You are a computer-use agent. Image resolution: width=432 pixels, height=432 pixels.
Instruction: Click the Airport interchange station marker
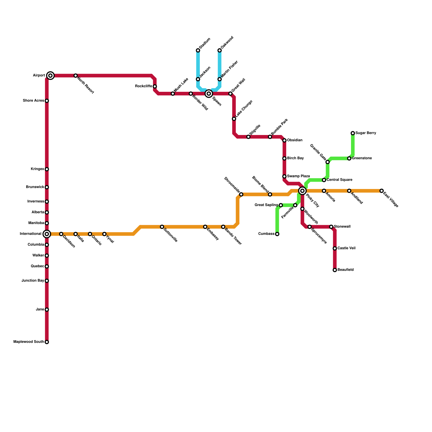coord(50,76)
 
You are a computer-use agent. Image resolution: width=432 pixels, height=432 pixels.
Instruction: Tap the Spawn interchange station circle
coord(209,94)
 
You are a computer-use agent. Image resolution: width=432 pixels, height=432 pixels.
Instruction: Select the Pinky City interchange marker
coord(302,191)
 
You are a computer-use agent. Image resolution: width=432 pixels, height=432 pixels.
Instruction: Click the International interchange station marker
coord(47,234)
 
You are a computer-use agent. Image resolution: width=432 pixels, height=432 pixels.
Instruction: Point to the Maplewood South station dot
coord(47,342)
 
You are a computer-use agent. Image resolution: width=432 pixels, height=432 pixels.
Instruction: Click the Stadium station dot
coord(198,50)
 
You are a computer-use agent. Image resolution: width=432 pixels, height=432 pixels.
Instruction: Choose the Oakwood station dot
coord(220,50)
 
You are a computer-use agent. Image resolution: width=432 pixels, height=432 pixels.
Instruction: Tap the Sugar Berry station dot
coord(353,133)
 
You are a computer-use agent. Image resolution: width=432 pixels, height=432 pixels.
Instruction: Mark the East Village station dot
coord(382,191)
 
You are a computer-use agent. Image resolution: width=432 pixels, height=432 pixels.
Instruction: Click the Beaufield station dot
coord(335,270)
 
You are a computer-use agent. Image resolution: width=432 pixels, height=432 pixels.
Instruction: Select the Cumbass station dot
coord(277,234)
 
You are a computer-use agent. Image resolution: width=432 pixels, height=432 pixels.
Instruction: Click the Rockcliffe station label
coord(143,86)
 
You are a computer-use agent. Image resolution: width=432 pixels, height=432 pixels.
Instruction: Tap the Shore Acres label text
coord(33,101)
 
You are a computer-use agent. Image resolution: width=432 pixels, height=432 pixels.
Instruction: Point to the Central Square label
coord(339,180)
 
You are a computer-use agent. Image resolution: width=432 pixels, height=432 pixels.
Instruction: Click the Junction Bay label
coord(33,281)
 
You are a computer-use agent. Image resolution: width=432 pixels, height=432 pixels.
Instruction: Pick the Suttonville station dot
coord(162,227)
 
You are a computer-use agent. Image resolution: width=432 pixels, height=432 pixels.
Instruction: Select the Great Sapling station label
coord(266,205)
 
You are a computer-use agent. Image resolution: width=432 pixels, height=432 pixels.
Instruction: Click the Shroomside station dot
coord(241,194)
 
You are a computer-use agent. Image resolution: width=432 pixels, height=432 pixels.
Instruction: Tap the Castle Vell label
coord(346,248)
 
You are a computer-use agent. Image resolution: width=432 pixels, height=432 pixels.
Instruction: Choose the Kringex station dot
coord(47,169)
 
